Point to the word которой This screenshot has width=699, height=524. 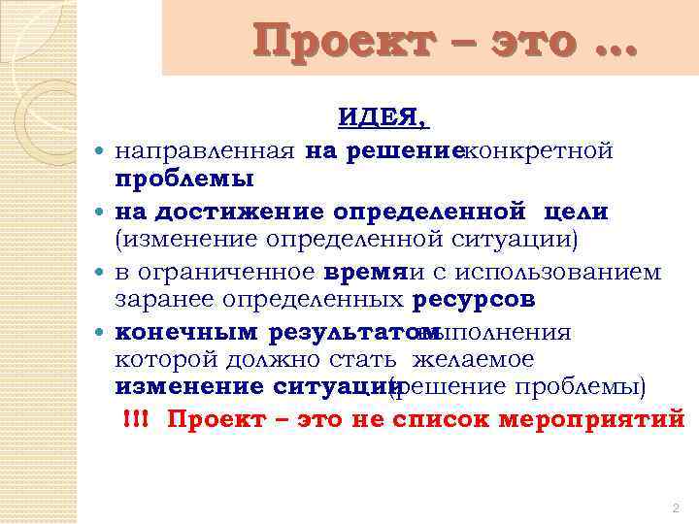click(x=158, y=360)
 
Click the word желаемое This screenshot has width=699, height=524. click(x=473, y=360)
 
